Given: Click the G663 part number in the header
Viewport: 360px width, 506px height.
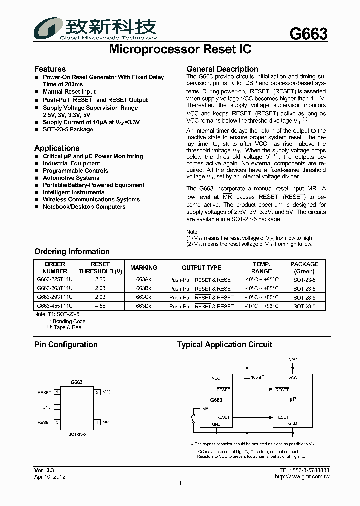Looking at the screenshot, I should [x=308, y=34].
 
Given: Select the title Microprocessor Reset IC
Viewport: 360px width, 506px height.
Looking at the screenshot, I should [x=180, y=50].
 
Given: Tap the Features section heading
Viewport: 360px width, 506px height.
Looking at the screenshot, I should [x=50, y=69].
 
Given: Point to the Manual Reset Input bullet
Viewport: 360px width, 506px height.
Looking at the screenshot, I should [x=69, y=92].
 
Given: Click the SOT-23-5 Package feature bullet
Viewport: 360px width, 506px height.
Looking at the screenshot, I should [x=68, y=129].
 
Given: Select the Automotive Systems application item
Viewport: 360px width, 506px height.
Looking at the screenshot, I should [x=71, y=178].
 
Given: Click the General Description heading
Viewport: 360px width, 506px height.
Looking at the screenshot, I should [x=222, y=69].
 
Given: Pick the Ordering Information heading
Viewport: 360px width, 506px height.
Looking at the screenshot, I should [x=72, y=251].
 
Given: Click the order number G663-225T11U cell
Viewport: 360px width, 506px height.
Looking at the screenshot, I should [x=55, y=280].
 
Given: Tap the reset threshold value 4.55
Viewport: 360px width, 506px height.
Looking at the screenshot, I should [x=100, y=306].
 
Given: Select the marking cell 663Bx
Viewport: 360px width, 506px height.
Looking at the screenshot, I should [x=143, y=288].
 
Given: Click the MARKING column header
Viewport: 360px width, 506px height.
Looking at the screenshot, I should [x=143, y=268].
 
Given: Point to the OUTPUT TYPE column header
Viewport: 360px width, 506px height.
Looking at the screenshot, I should [x=201, y=268].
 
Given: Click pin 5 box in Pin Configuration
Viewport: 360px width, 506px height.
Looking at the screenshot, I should [x=97, y=393].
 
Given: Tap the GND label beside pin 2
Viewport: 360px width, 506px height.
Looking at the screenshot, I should [x=47, y=407].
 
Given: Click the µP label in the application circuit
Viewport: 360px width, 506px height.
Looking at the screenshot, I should [x=293, y=401].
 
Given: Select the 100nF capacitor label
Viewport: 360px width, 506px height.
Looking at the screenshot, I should [x=258, y=377].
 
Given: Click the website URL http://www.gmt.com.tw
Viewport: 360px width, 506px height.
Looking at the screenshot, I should [x=302, y=477].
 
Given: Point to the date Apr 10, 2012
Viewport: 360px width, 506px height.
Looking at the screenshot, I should [x=50, y=477].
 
